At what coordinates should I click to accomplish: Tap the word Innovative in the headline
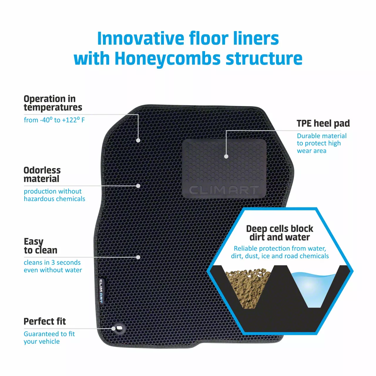pyautogui.click(x=140, y=38)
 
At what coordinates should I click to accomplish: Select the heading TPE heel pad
pyautogui.click(x=323, y=123)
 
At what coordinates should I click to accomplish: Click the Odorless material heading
pyautogui.click(x=42, y=174)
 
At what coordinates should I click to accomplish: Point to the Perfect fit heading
pyautogui.click(x=45, y=321)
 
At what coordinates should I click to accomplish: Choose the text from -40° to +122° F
pyautogui.click(x=54, y=120)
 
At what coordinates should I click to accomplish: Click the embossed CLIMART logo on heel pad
pyautogui.click(x=224, y=190)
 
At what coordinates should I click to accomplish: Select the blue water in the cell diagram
pyautogui.click(x=313, y=289)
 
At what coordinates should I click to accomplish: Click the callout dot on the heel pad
pyautogui.click(x=226, y=156)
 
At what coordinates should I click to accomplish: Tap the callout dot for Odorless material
pyautogui.click(x=138, y=186)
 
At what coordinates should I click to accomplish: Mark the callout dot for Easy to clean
pyautogui.click(x=138, y=257)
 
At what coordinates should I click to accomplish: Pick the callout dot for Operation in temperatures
pyautogui.click(x=138, y=140)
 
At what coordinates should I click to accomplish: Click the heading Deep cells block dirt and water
pyautogui.click(x=280, y=233)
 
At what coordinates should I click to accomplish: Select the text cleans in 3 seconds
pyautogui.click(x=52, y=262)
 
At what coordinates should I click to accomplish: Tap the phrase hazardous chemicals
pyautogui.click(x=54, y=199)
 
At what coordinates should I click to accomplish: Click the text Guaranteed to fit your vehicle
pyautogui.click(x=49, y=338)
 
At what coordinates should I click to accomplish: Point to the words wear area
pyautogui.click(x=312, y=151)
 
